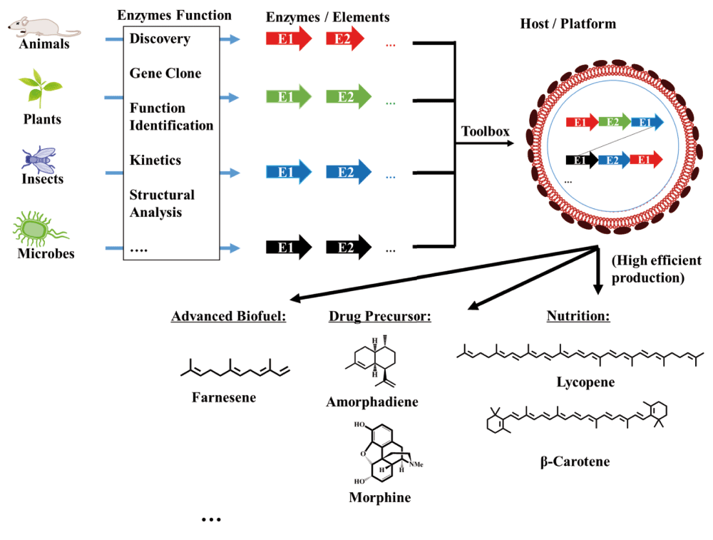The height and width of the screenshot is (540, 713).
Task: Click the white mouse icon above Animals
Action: [43, 26]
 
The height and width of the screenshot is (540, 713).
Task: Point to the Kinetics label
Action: [155, 161]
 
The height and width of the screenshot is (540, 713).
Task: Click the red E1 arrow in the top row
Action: [289, 39]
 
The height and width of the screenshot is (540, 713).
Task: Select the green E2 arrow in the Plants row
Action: [349, 97]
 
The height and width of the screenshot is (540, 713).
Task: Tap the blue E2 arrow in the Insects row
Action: [349, 172]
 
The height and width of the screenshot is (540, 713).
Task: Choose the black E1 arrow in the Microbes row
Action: [289, 248]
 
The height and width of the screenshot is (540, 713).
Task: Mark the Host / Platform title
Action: [568, 24]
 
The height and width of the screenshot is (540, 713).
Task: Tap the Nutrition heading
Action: [578, 315]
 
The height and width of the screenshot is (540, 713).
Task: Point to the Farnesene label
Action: [223, 397]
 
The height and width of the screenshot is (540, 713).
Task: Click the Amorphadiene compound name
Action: [372, 402]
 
